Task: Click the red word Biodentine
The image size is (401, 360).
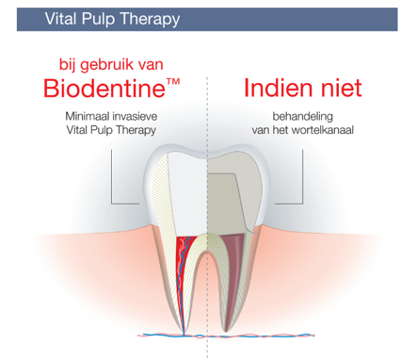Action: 104,88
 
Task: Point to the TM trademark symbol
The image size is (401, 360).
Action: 173,82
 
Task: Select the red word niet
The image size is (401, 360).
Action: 342,88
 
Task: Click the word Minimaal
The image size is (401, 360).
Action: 88,117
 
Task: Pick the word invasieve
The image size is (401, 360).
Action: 135,117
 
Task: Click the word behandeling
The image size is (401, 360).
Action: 303,117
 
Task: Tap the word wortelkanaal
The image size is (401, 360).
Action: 323,130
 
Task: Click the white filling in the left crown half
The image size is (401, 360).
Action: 187,195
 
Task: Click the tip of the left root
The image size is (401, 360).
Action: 184,333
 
